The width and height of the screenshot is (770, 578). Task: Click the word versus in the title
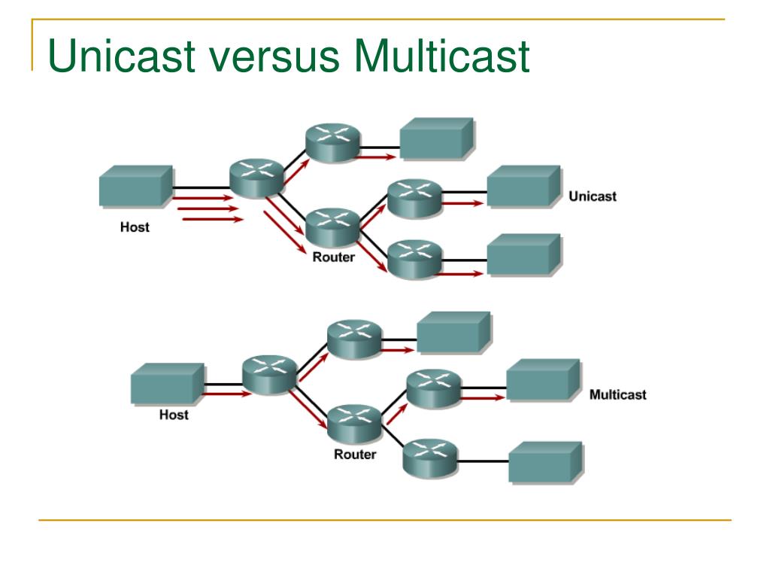pos(274,56)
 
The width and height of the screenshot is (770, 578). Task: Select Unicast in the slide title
pos(122,55)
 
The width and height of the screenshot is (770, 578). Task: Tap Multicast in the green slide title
pos(441,55)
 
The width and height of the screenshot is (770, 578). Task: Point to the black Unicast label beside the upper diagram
pos(593,196)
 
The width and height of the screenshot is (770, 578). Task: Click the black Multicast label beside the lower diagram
pos(618,394)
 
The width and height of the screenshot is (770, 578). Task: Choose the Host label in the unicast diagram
pos(135,227)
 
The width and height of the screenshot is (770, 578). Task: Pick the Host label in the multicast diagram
pos(174,415)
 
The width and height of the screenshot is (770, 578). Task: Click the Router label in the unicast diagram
pos(333,257)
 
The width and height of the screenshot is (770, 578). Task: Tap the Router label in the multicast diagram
pos(355,454)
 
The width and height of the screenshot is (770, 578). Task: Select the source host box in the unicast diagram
pos(136,187)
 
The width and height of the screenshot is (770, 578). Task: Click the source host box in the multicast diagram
pos(168,384)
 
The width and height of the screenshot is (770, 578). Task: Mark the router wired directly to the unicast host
pos(257,178)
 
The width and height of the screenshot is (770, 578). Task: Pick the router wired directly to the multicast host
pos(270,375)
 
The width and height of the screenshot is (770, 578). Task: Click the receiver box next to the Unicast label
pos(524,187)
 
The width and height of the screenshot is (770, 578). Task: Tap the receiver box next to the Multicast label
pos(544,380)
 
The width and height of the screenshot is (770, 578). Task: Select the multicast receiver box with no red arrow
pos(546,463)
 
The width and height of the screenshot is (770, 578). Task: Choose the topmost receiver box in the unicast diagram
pos(437,138)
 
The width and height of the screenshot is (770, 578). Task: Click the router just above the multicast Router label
pos(355,424)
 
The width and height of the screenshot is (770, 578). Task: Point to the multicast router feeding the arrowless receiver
pos(430,458)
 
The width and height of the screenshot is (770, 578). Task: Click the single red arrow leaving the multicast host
pos(227,394)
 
